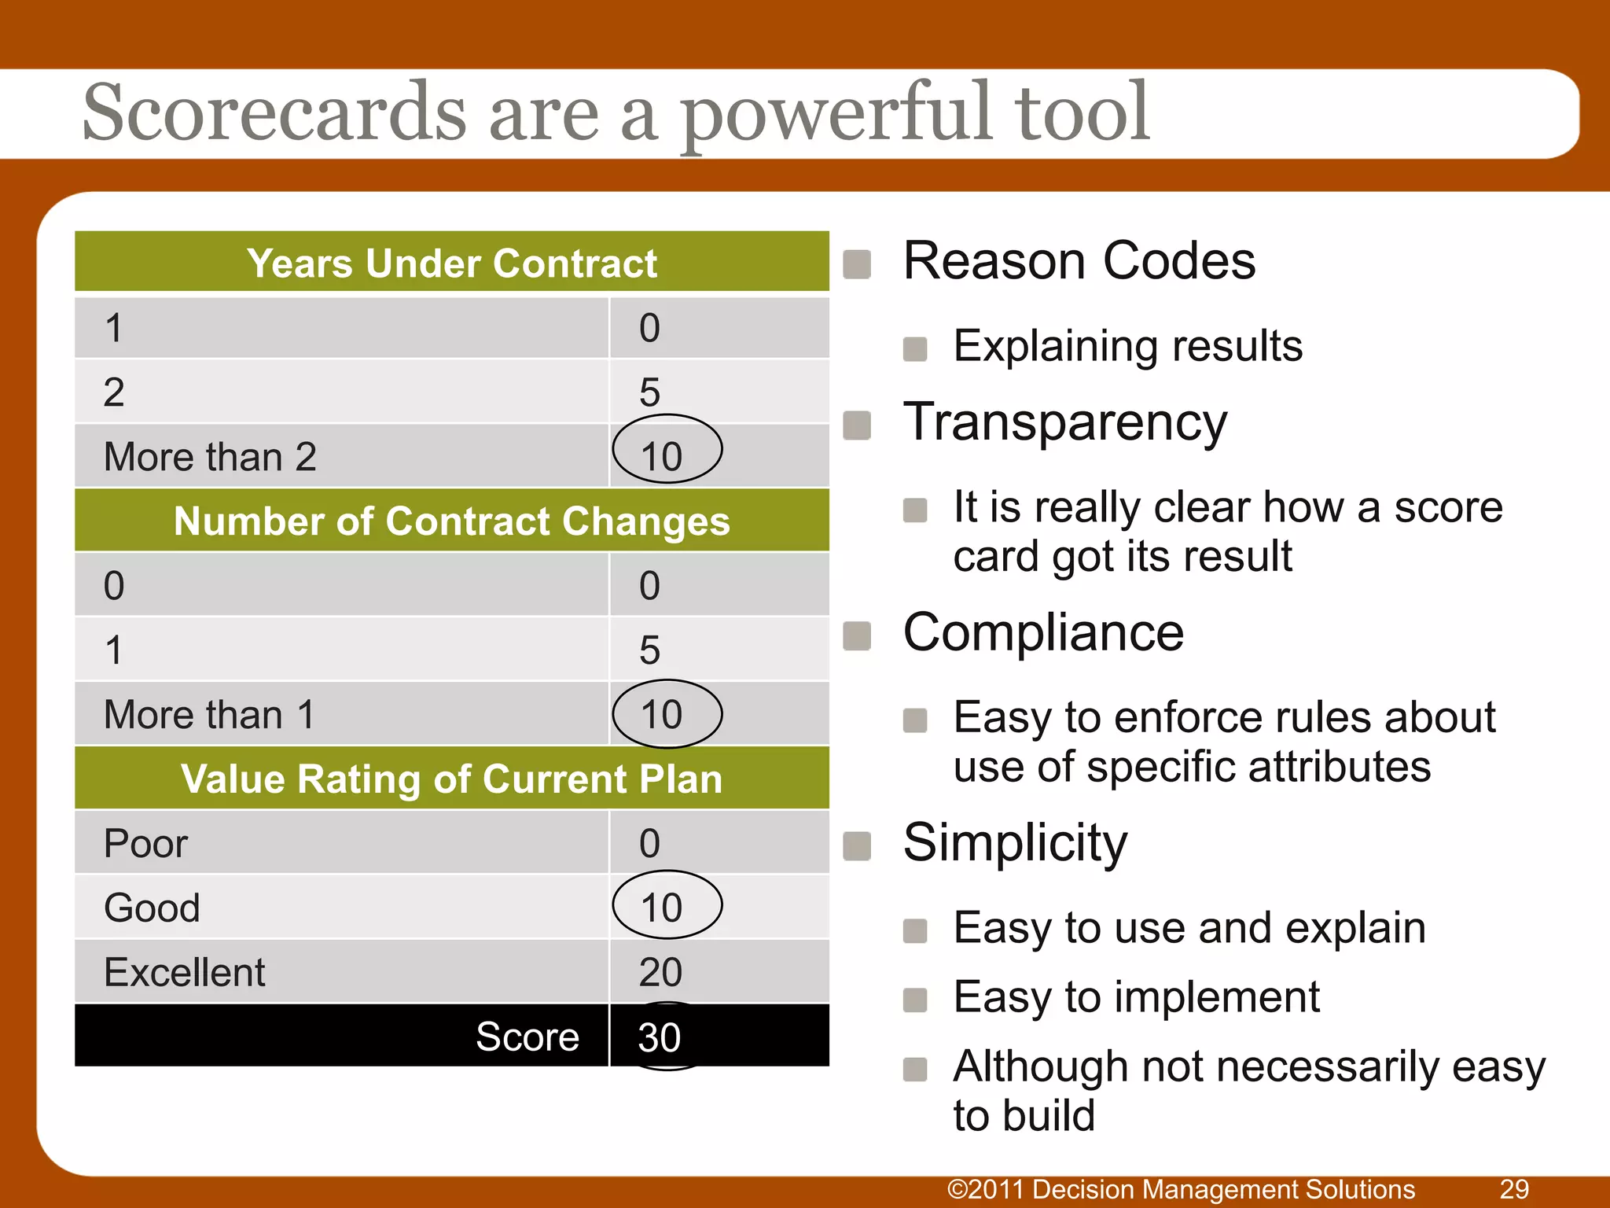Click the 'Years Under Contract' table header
(x=451, y=263)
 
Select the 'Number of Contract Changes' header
(x=451, y=521)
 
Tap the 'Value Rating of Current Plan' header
(x=451, y=779)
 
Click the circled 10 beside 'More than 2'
(x=664, y=455)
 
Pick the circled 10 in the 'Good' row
(x=664, y=907)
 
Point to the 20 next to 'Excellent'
(x=660, y=972)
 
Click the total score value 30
(x=659, y=1037)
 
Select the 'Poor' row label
(x=145, y=844)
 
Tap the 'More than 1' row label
(x=209, y=715)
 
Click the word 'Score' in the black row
(x=527, y=1037)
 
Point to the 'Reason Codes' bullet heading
(x=1079, y=261)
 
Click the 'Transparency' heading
(x=1064, y=422)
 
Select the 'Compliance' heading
(x=1042, y=632)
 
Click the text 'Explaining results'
(x=1127, y=346)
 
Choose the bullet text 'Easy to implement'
(x=1136, y=997)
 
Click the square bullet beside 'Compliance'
(x=857, y=635)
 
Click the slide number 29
(x=1514, y=1189)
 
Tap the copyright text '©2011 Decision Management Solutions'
(x=1181, y=1189)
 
